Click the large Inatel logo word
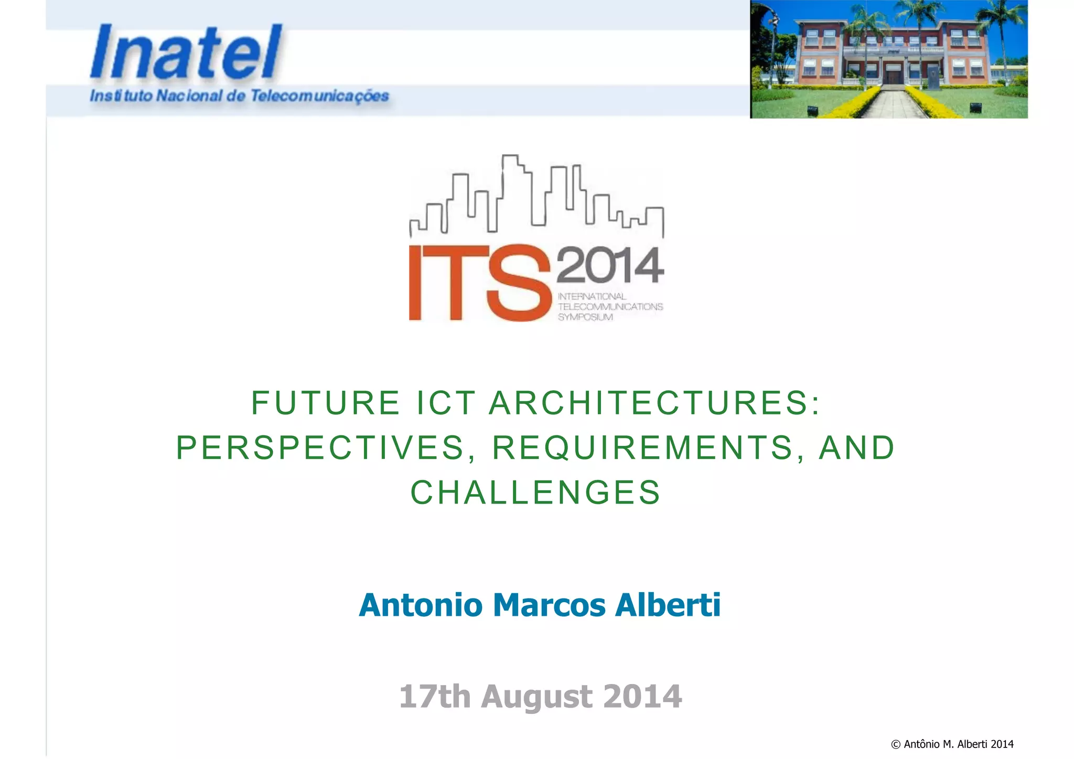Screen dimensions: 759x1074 point(186,53)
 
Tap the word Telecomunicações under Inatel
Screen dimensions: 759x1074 point(319,96)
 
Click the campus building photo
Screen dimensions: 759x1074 point(888,59)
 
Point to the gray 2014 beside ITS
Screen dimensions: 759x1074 point(610,265)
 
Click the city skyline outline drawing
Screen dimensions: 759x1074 point(536,197)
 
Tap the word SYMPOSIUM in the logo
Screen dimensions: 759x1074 point(585,317)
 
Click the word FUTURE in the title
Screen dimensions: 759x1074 point(326,403)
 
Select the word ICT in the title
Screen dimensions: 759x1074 point(446,403)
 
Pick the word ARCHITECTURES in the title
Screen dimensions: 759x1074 point(654,403)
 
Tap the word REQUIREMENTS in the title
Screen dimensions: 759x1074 point(642,448)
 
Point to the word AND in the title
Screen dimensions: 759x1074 point(856,448)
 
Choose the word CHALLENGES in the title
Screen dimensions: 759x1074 point(535,493)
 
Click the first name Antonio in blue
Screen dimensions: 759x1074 point(421,605)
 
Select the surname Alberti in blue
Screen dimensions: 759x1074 point(668,605)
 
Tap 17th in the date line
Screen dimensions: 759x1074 point(435,697)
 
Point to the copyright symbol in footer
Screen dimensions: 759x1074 point(896,744)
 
